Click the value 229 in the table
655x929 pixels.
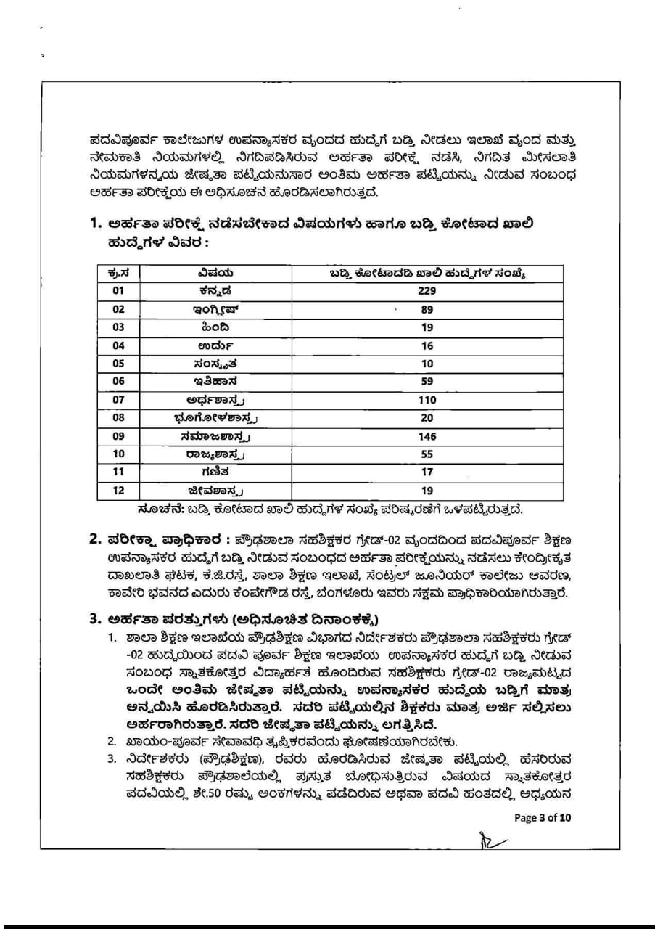(x=427, y=291)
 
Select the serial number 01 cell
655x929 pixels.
(x=119, y=291)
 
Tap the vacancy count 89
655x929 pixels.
(x=427, y=309)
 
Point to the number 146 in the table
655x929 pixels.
(x=427, y=436)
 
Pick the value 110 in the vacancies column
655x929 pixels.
(x=427, y=400)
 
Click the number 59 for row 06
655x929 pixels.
(x=427, y=382)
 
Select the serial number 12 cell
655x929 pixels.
(x=119, y=491)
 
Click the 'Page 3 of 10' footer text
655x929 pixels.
(x=543, y=817)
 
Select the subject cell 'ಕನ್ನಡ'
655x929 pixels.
(x=215, y=291)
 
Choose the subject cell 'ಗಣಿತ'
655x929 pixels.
(x=215, y=472)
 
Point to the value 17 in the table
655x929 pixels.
(x=427, y=472)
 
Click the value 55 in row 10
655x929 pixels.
(x=427, y=454)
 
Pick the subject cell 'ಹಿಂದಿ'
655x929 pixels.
(x=215, y=327)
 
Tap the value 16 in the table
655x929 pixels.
(x=427, y=345)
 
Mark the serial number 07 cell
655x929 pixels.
(x=119, y=400)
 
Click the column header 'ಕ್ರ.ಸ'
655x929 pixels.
(x=119, y=273)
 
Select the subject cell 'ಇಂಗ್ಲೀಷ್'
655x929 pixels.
(x=215, y=309)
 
